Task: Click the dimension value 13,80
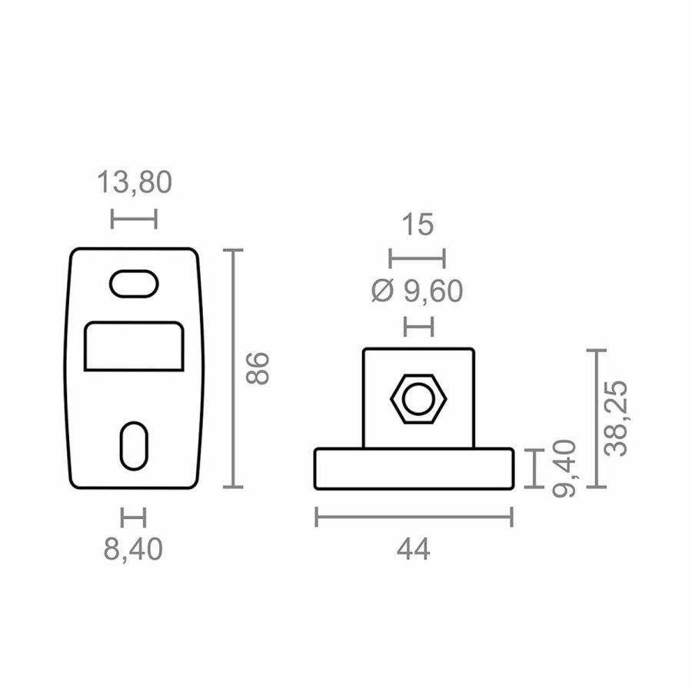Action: click(134, 183)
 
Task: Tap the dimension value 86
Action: click(256, 368)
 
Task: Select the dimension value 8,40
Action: click(134, 550)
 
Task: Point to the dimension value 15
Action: click(418, 225)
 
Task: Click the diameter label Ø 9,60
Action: click(418, 291)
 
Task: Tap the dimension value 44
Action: click(414, 550)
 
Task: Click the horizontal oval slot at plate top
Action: click(134, 283)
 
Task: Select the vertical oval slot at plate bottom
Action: click(134, 445)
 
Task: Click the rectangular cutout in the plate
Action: click(134, 347)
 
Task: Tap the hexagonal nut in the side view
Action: click(419, 399)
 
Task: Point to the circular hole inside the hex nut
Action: click(419, 399)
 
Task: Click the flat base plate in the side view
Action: click(414, 469)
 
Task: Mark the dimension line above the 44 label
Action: click(414, 517)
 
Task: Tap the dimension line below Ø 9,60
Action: click(419, 326)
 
